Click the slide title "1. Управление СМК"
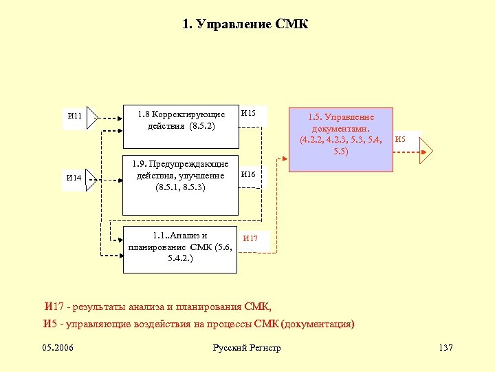245,25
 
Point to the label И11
74,116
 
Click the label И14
74,178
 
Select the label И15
248,112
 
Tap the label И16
248,175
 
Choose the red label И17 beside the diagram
250,238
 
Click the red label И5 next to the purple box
400,140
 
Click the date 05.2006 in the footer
58,347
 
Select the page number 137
445,347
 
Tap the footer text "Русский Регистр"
247,348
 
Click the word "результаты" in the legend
98,307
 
